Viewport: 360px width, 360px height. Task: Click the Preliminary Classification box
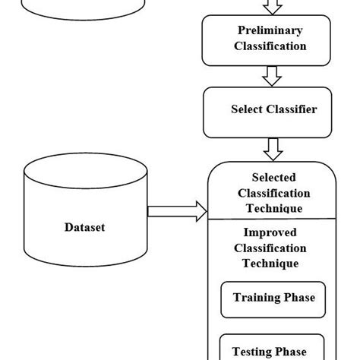point(271,39)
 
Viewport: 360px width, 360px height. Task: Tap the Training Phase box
point(273,298)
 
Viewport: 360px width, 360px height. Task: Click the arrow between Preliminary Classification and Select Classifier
point(271,76)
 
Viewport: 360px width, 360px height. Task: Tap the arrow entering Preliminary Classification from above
point(271,7)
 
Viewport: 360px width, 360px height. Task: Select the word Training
point(257,298)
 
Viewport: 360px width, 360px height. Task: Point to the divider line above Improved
point(271,219)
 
